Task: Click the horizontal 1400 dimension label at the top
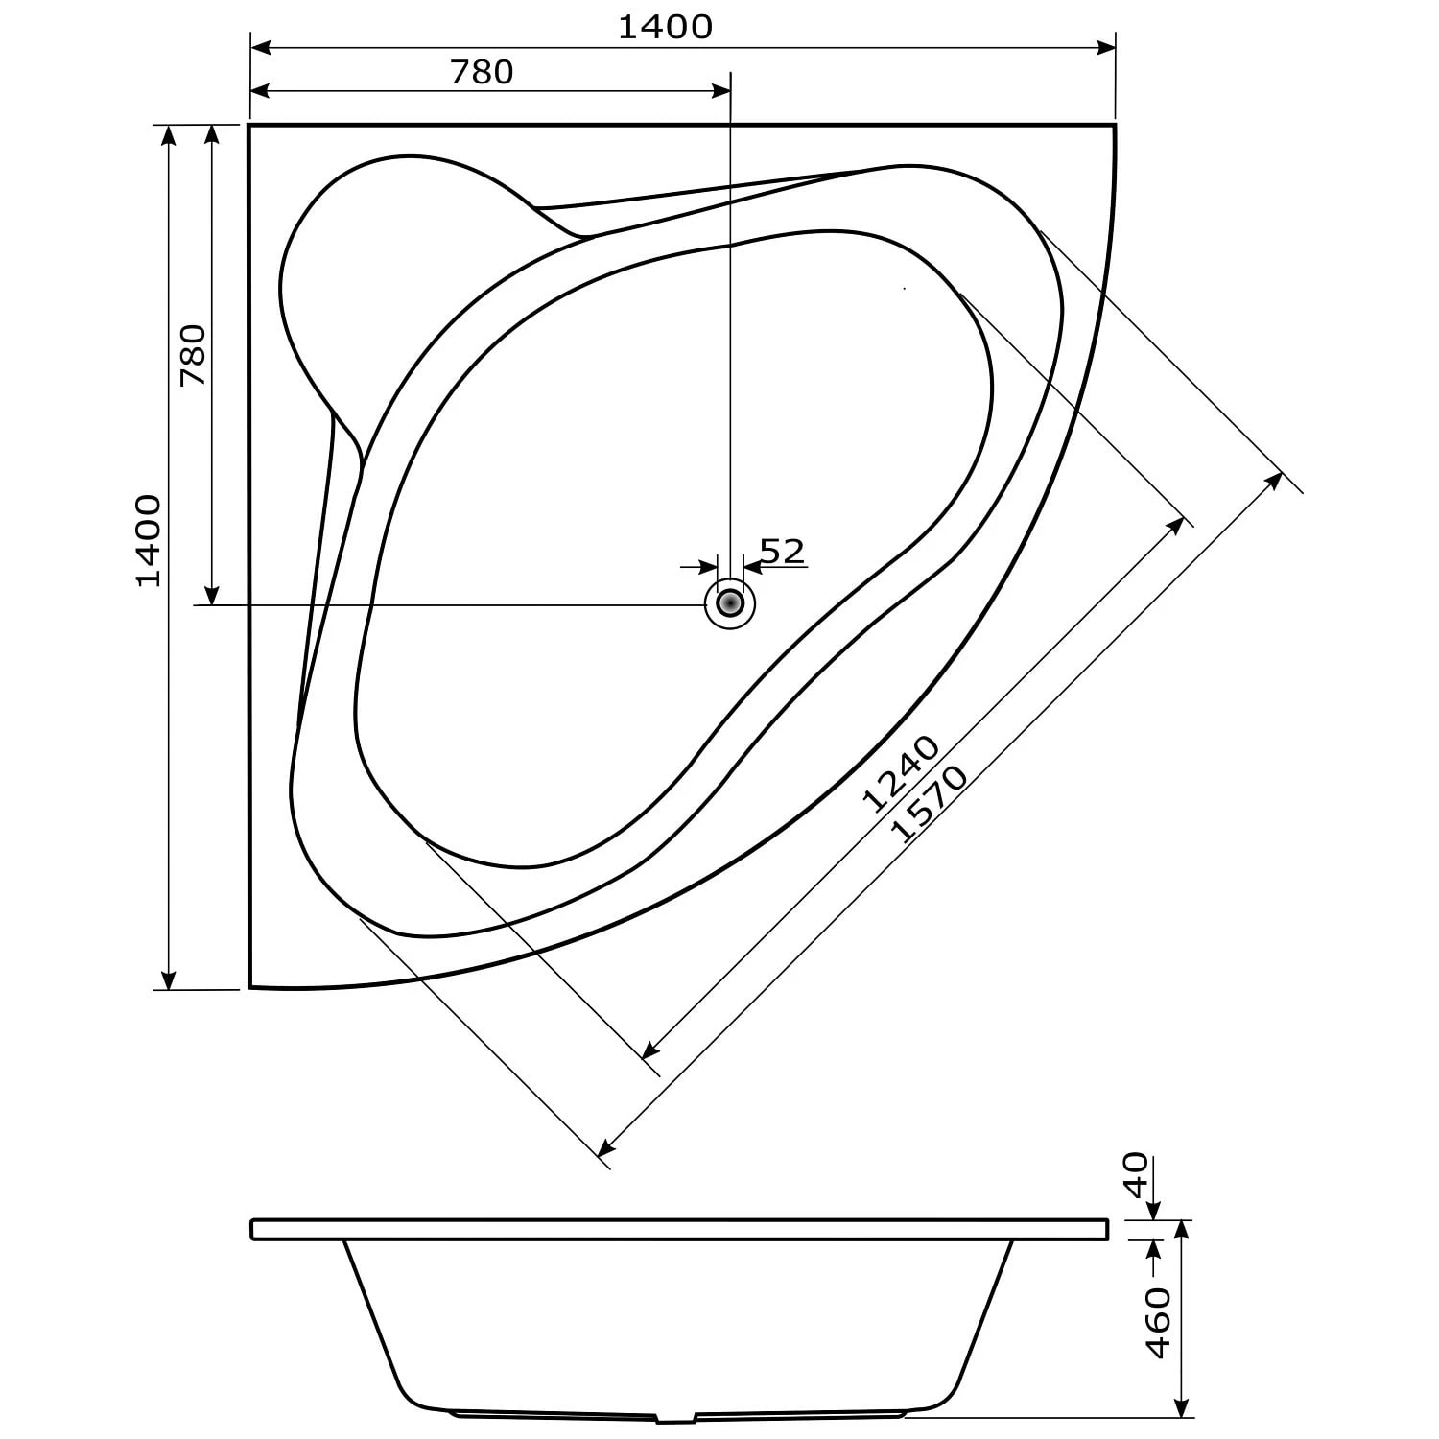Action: click(x=665, y=27)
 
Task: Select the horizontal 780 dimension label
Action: click(x=482, y=72)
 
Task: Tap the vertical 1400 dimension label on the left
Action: click(x=148, y=541)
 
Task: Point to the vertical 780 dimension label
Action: click(x=193, y=355)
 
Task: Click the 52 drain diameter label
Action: click(x=782, y=551)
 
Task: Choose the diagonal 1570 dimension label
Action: click(x=930, y=804)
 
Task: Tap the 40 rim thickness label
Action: click(x=1136, y=1174)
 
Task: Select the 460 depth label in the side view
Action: click(x=1159, y=1323)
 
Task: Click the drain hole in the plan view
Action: click(x=730, y=603)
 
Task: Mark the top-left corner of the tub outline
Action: click(x=249, y=125)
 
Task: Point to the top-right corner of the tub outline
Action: click(x=1115, y=125)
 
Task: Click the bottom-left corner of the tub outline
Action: click(x=249, y=986)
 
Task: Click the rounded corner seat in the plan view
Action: click(x=384, y=278)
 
